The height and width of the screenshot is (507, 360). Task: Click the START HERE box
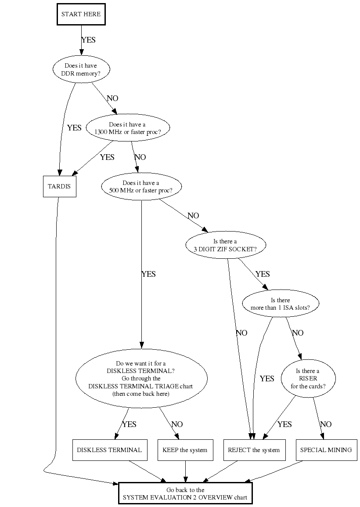pos(81,14)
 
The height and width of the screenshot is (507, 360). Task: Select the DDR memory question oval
pos(81,69)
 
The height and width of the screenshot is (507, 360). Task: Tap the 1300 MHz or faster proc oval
pos(127,128)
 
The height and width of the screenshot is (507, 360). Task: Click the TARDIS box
pos(59,187)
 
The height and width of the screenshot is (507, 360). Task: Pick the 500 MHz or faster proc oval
pos(141,187)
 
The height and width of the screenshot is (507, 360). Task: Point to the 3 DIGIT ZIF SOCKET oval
pos(225,245)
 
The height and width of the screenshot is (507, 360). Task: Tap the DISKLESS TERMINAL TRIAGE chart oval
pos(141,379)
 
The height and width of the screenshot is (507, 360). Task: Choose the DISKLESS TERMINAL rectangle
pos(109,450)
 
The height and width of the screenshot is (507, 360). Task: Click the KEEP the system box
pos(185,450)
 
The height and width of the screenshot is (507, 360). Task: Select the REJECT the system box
pos(254,450)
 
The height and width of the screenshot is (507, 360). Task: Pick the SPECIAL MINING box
pos(326,450)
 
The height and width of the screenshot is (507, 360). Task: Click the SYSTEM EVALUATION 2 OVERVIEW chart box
pos(185,494)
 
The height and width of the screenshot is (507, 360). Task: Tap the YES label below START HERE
pos(88,40)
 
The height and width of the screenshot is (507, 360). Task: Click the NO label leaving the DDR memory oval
pos(112,98)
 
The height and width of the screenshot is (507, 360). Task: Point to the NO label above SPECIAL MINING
pos(326,424)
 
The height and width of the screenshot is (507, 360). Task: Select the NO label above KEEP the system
pos(177,424)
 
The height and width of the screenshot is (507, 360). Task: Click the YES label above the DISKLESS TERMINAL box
pos(129,424)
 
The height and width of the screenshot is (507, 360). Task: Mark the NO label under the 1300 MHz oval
pos(140,157)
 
